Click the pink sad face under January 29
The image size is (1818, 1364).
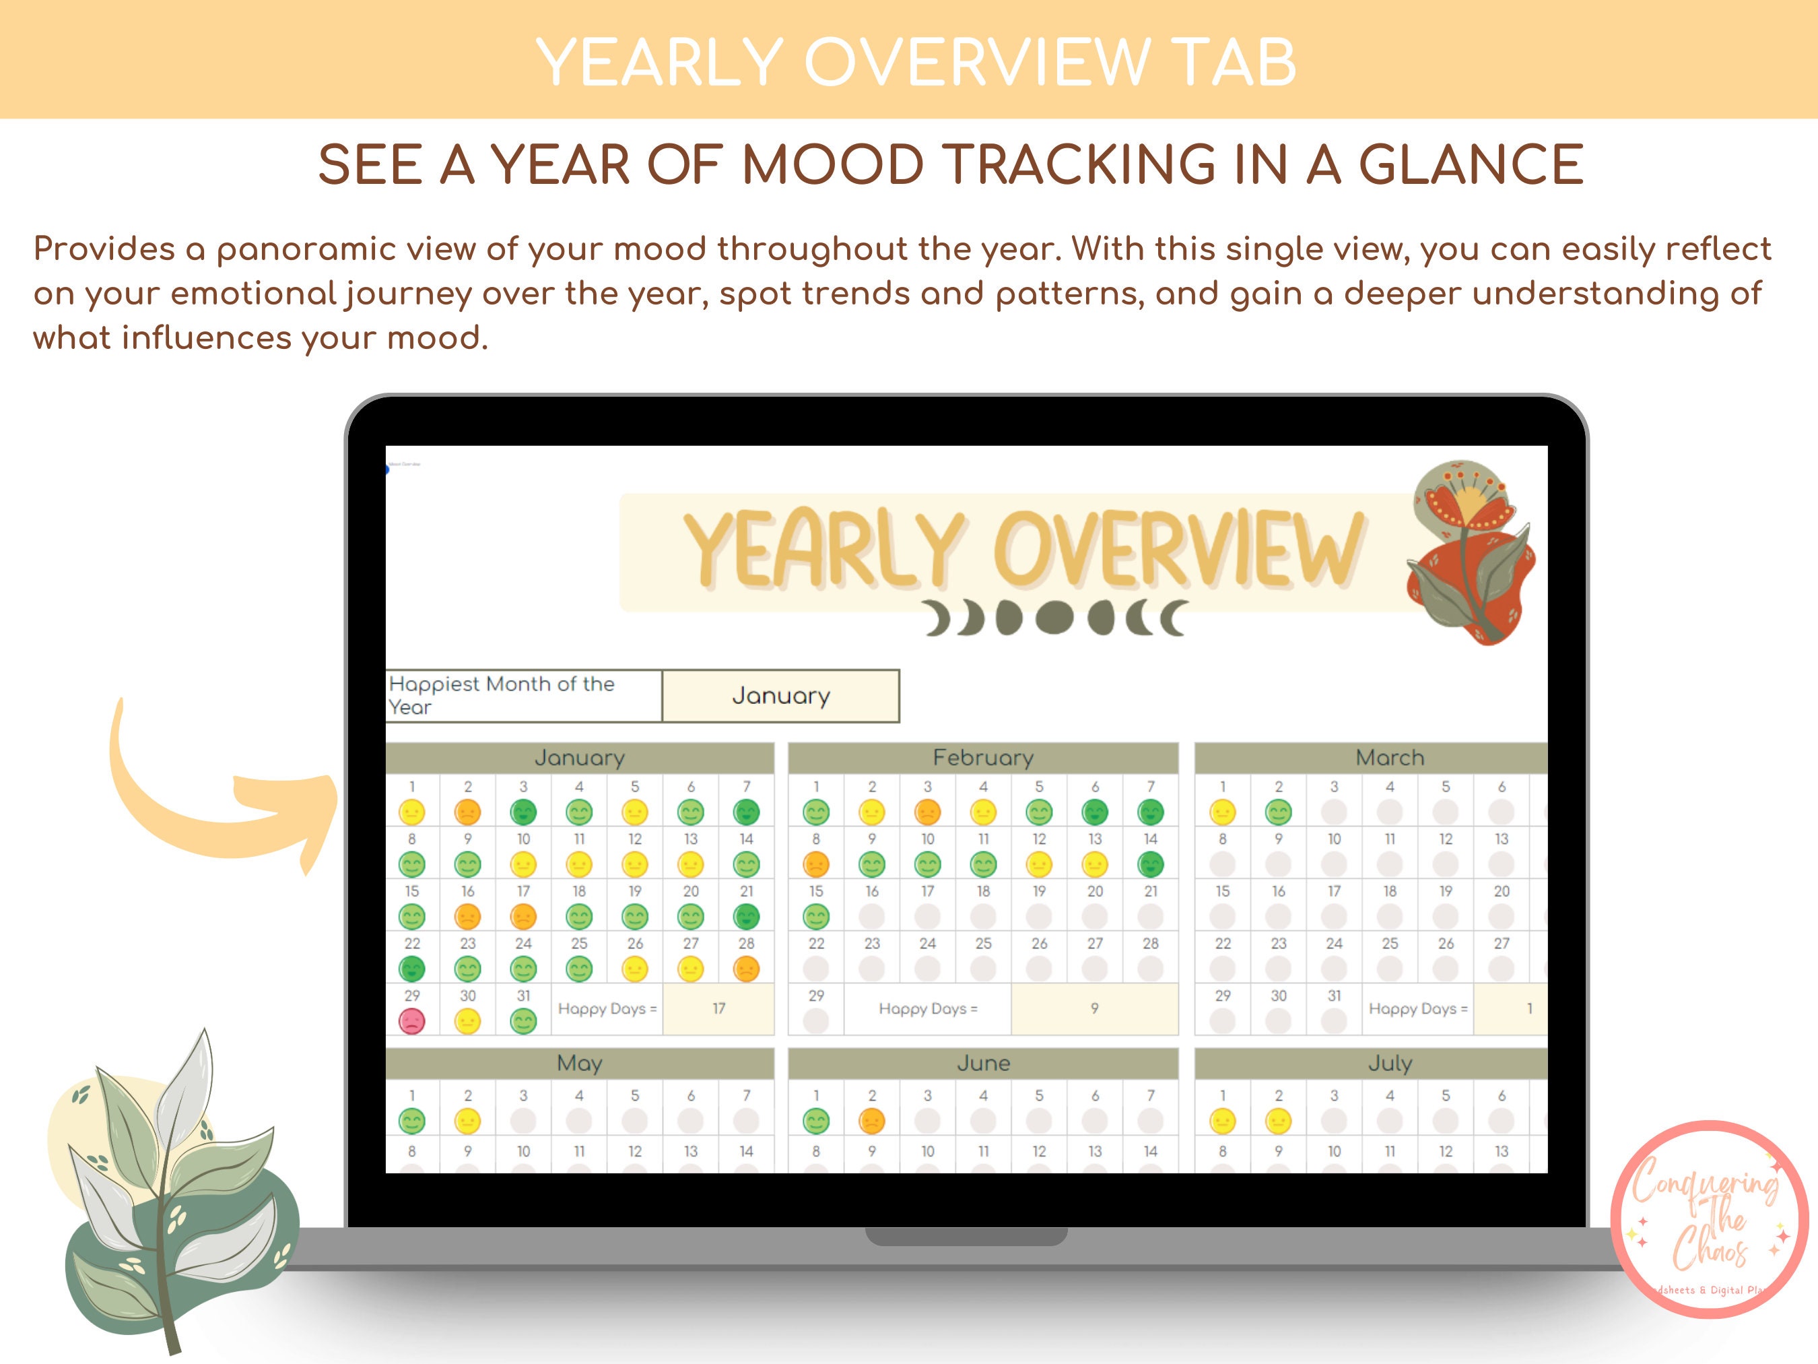(x=412, y=1021)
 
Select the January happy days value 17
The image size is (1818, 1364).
(x=718, y=1008)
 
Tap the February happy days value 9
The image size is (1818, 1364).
(x=1094, y=1008)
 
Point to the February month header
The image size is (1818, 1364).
(x=983, y=757)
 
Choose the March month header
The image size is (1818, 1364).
(x=1389, y=757)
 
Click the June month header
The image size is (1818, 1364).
(x=983, y=1063)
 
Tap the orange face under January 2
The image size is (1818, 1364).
(x=468, y=812)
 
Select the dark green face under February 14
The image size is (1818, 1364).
(x=1151, y=864)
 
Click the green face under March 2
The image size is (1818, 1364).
(x=1278, y=812)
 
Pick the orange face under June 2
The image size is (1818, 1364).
(x=872, y=1121)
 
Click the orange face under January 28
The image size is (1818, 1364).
(x=746, y=969)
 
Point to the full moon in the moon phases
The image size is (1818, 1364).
(x=1054, y=618)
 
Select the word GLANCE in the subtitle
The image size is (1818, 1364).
(x=1471, y=164)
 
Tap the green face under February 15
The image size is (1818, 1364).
(x=816, y=916)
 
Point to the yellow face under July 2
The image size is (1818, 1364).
(x=1278, y=1121)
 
